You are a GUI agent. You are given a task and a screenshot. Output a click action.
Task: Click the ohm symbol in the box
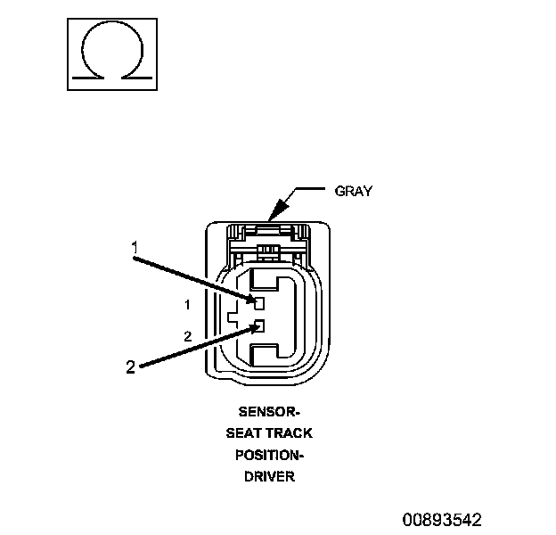[110, 54]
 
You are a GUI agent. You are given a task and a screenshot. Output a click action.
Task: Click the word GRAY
[353, 191]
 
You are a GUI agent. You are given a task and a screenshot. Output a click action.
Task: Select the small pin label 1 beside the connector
[187, 305]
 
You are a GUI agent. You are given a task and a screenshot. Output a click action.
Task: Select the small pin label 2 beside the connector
[187, 336]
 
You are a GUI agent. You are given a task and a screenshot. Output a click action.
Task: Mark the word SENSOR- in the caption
[269, 413]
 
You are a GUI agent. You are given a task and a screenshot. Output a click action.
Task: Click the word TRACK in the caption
[290, 434]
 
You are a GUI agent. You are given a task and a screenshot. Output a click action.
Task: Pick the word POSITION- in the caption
[269, 456]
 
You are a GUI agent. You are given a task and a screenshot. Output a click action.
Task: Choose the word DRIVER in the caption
[269, 477]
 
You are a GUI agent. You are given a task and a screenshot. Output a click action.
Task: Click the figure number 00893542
[441, 519]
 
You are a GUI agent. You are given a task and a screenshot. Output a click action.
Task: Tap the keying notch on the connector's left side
[233, 315]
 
